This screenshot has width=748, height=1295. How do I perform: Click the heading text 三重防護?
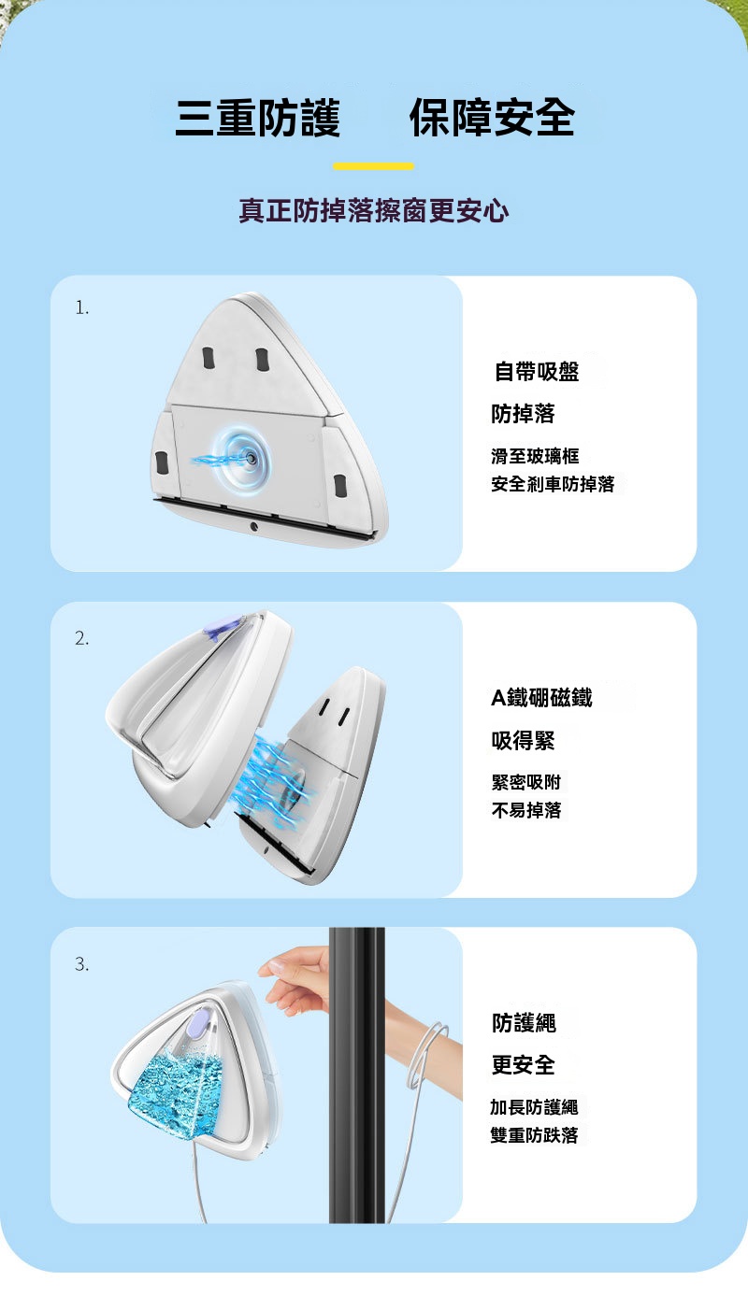(x=257, y=118)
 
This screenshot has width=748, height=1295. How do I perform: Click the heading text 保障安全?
(x=492, y=118)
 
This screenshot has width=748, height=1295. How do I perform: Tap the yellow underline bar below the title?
(x=373, y=166)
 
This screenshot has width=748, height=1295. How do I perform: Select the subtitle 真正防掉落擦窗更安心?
(x=374, y=210)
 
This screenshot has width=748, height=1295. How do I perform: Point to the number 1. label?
(x=82, y=307)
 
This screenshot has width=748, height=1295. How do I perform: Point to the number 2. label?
(x=82, y=637)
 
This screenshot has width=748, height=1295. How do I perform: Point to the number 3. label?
(x=82, y=963)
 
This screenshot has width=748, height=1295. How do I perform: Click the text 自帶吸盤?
(x=537, y=371)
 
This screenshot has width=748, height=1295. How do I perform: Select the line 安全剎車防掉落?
(x=553, y=483)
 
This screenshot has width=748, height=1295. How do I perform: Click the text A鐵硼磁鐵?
(x=541, y=697)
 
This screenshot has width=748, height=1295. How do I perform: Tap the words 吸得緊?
(x=523, y=740)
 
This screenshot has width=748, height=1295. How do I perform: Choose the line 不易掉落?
(x=526, y=810)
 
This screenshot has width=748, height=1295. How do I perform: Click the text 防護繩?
(x=525, y=1023)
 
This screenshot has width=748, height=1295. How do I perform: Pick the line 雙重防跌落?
(x=534, y=1135)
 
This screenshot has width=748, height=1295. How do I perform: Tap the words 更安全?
(x=523, y=1064)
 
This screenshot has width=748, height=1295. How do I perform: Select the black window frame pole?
(x=357, y=1074)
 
